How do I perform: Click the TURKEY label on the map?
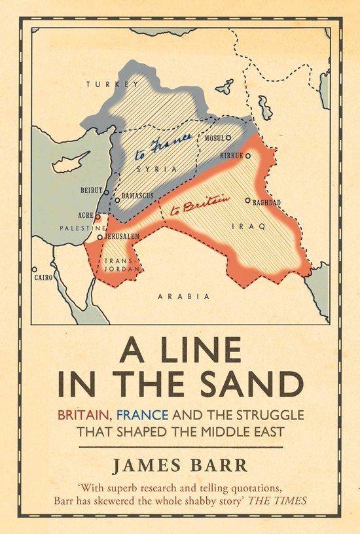tap(104, 84)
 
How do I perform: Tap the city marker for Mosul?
tap(228, 138)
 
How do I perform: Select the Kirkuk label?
tap(232, 155)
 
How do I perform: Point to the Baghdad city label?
tap(266, 202)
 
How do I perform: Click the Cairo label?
tap(43, 277)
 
